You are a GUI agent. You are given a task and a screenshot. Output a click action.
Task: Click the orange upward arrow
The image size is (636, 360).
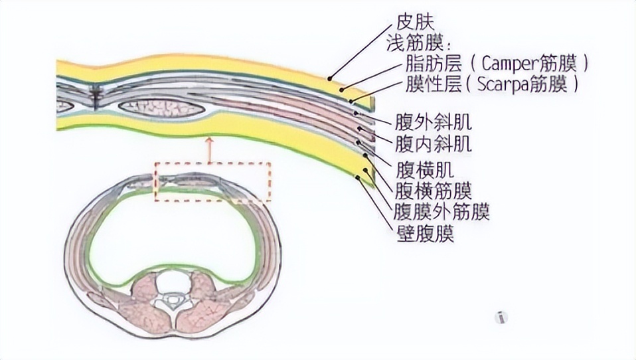pos(210,149)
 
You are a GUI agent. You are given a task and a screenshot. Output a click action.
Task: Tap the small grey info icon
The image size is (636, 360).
pos(502,317)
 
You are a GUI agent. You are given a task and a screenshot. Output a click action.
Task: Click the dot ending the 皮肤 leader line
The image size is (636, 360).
pos(330,78)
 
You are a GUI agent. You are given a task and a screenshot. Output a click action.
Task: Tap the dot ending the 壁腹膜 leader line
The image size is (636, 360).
pos(358,177)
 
